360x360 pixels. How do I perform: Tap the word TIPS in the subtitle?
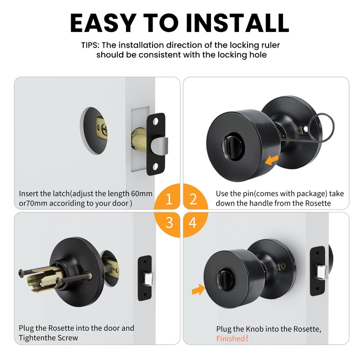[x=91, y=45]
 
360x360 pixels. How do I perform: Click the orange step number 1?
[x=169, y=199]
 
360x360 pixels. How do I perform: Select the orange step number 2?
[x=193, y=199]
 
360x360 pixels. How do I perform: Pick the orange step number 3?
[x=169, y=223]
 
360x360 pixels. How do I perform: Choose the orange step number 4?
[x=193, y=223]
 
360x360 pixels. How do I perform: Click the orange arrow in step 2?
[x=271, y=159]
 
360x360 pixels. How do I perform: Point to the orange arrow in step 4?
[x=197, y=290]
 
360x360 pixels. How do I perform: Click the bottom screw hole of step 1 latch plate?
[x=155, y=167]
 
